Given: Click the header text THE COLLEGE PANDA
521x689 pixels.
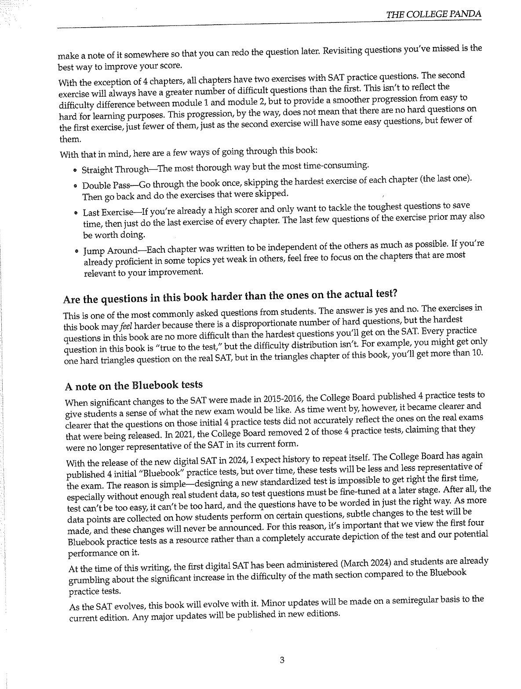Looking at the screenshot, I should click(x=433, y=15).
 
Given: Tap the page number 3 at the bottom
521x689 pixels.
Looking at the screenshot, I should click(x=282, y=660).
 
